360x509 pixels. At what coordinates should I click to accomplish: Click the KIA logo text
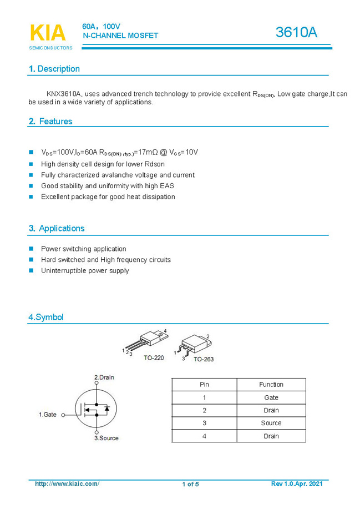point(48,33)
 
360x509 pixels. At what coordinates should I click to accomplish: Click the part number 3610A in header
point(296,33)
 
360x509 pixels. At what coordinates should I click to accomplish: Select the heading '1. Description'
point(54,69)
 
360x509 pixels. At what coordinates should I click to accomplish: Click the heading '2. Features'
point(50,121)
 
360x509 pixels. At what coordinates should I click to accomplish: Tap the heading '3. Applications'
point(57,228)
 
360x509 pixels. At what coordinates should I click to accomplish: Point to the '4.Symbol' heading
point(46,318)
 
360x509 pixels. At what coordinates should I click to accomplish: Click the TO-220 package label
point(154,358)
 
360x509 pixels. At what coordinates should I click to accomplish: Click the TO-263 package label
point(203,359)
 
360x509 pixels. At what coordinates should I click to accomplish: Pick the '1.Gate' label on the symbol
point(48,415)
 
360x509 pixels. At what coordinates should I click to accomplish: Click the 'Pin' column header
point(204,385)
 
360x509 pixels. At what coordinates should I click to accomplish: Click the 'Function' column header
point(271,385)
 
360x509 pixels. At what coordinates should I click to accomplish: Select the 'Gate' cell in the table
point(271,397)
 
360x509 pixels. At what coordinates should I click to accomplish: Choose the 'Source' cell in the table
point(271,423)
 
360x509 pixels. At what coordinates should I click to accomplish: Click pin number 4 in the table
point(204,436)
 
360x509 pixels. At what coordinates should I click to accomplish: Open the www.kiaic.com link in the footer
point(67,484)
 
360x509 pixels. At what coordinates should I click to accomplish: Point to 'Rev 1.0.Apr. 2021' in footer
point(296,484)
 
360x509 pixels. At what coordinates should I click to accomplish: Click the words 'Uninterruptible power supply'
point(85,271)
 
